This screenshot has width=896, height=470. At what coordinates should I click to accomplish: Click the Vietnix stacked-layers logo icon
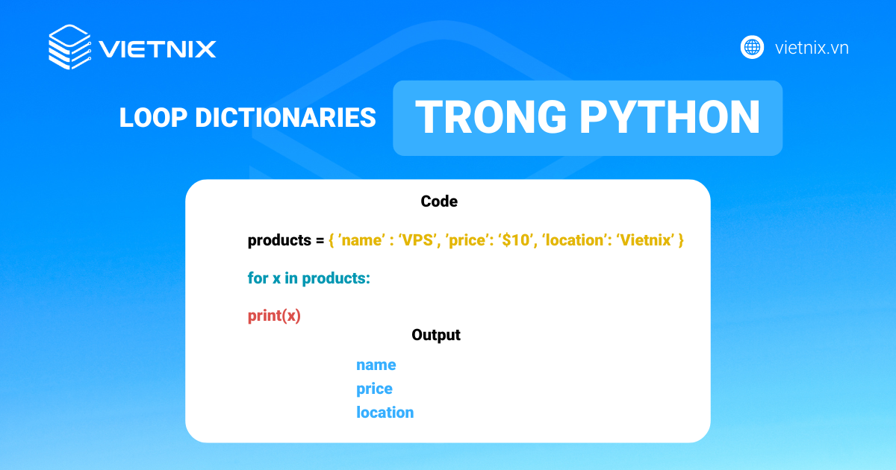70,47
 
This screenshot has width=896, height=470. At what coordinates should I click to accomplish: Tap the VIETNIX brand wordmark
158,49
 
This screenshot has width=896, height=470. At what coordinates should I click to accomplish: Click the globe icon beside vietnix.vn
752,47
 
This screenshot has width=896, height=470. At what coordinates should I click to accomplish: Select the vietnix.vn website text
812,48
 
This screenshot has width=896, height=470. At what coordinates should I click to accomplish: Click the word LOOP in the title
153,118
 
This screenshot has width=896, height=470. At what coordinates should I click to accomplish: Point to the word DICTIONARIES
285,118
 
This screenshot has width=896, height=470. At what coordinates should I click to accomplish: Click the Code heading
439,201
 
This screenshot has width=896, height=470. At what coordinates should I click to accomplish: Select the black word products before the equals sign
279,240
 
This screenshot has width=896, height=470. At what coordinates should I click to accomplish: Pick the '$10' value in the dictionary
517,239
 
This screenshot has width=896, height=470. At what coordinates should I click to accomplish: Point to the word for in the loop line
258,278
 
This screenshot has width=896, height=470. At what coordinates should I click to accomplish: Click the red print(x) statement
274,316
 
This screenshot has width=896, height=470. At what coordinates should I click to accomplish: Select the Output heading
435,335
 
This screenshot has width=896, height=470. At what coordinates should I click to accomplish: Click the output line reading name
376,365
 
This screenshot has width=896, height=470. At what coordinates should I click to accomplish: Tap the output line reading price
374,389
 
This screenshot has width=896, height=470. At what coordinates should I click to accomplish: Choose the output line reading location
385,412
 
